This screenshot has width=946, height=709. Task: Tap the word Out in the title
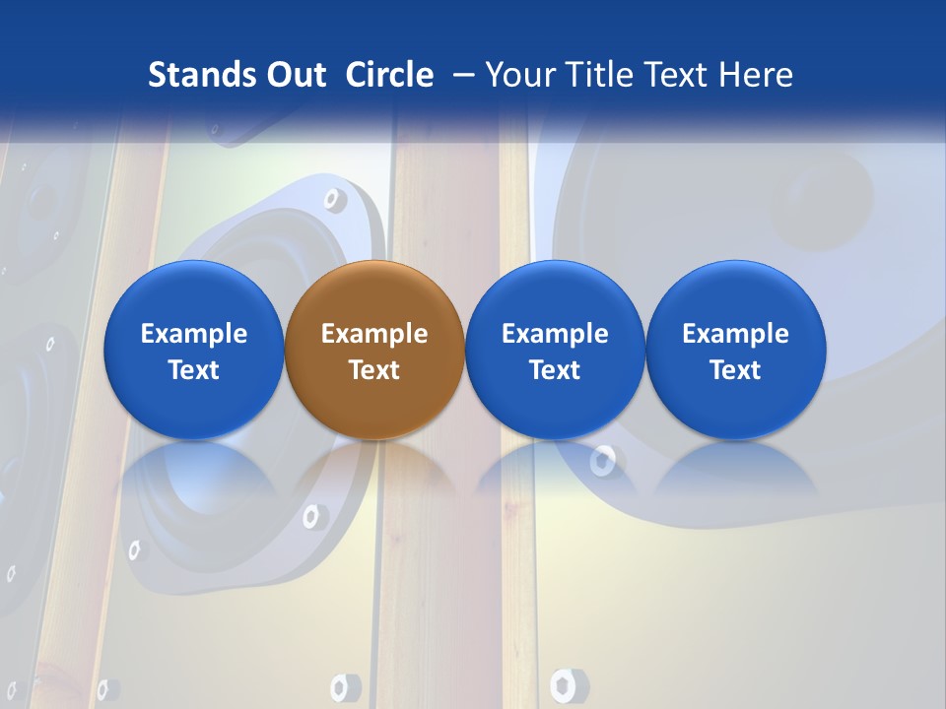(x=295, y=75)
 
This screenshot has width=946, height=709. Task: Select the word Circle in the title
(x=389, y=75)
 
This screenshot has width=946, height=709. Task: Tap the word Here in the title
(x=759, y=75)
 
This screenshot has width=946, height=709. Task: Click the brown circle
(x=374, y=350)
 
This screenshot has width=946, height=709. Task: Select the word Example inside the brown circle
(x=374, y=334)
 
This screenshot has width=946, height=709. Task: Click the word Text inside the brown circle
(x=374, y=370)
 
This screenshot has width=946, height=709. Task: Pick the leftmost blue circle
(x=194, y=350)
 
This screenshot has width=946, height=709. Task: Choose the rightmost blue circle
(x=736, y=350)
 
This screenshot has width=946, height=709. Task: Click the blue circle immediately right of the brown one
(x=555, y=350)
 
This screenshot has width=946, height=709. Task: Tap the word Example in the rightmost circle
(x=736, y=334)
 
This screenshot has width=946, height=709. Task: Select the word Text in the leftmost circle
(x=194, y=370)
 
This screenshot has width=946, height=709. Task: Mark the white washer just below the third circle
(x=602, y=460)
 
